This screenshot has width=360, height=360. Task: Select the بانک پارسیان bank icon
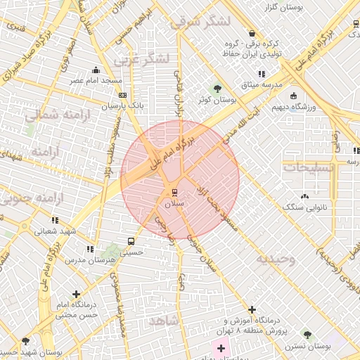tap(122, 95)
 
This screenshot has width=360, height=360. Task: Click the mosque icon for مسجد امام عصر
tap(96, 70)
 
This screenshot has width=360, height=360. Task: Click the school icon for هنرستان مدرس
tap(90, 249)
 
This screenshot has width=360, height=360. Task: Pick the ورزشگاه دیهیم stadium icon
tap(293, 96)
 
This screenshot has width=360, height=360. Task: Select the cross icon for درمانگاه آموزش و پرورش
tap(252, 309)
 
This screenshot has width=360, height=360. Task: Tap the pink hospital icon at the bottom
tap(221, 347)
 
